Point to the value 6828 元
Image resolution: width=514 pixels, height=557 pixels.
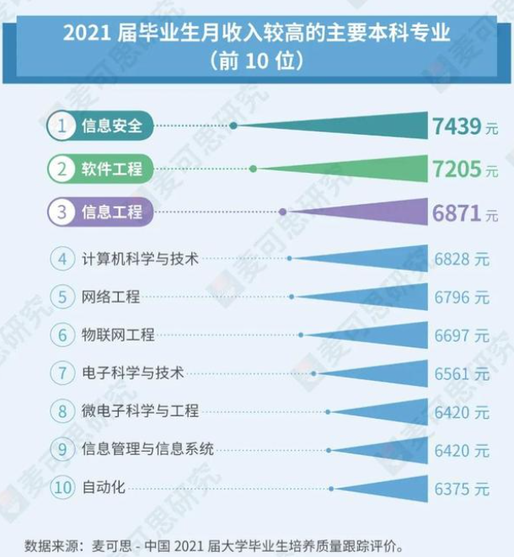click(x=462, y=259)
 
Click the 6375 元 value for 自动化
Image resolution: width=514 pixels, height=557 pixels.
click(x=462, y=489)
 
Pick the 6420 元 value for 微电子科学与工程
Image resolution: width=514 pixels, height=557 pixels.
click(x=462, y=412)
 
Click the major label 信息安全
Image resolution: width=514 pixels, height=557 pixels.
click(x=112, y=127)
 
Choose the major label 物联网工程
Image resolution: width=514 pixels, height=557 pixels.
click(x=118, y=335)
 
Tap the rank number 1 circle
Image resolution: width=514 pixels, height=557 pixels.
click(x=62, y=127)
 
